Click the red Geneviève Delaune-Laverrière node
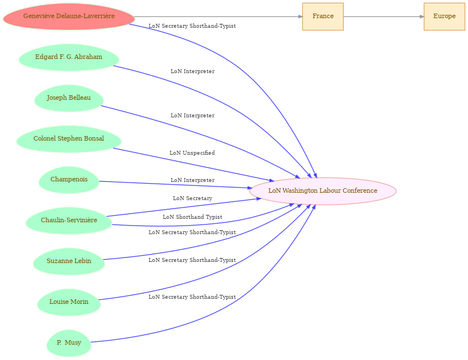[x=69, y=16]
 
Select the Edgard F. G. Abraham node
[x=69, y=57]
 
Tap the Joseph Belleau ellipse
[x=69, y=98]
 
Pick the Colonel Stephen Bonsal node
[x=69, y=139]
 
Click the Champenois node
[x=69, y=180]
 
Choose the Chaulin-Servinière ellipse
[x=69, y=221]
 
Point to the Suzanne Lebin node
[x=69, y=261]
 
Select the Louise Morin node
[x=69, y=302]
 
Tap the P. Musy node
[x=69, y=343]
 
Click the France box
[x=323, y=16]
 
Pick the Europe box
[x=444, y=16]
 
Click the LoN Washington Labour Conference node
[x=323, y=191]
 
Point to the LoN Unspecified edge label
[x=192, y=153]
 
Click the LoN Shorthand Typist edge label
[x=192, y=217]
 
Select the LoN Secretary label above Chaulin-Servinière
[x=192, y=198]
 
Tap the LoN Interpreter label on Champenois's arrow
[x=192, y=180]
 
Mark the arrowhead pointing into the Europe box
[x=421, y=16]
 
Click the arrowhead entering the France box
[x=300, y=16]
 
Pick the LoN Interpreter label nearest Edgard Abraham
[x=192, y=71]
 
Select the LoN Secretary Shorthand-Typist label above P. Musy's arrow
[x=192, y=297]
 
